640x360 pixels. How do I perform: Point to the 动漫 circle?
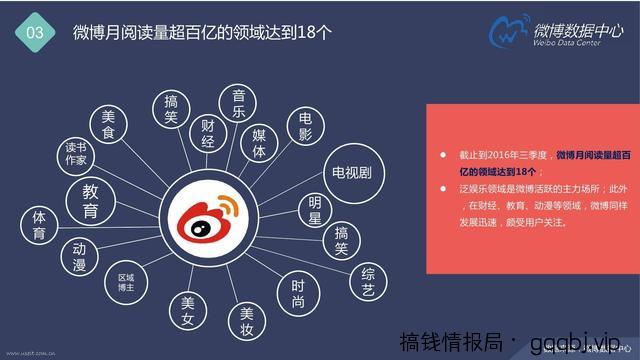pos(79,256)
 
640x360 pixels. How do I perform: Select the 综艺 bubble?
pos(368,277)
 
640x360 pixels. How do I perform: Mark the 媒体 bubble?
pos(259,144)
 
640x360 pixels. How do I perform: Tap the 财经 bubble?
pos(208,133)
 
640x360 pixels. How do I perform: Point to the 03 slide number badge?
pos(35,31)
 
